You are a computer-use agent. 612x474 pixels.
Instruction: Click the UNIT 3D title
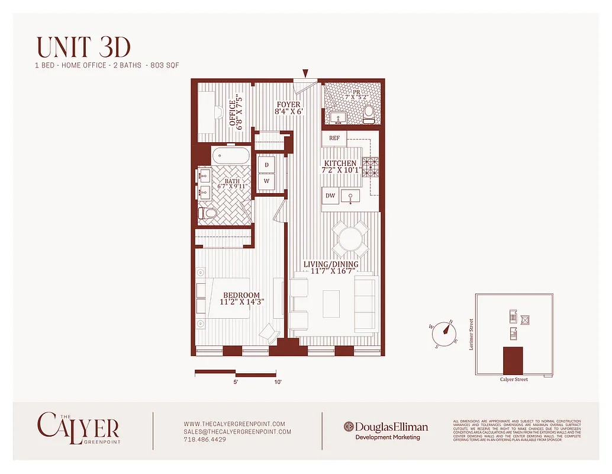83,47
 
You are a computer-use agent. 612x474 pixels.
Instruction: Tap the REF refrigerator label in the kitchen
334,139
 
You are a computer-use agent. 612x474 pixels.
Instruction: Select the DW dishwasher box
330,196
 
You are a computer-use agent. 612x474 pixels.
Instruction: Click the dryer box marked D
266,165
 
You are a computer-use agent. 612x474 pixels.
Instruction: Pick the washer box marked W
266,181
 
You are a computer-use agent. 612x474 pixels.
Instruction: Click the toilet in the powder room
369,113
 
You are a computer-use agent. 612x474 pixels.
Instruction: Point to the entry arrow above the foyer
305,73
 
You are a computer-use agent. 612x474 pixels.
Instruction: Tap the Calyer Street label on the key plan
514,379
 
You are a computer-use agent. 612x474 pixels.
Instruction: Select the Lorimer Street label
471,335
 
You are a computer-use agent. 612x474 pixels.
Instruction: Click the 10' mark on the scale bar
278,383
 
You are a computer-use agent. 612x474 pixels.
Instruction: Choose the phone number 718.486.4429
205,440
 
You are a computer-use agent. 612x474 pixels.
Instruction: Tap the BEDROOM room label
241,296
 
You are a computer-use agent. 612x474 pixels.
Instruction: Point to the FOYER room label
288,105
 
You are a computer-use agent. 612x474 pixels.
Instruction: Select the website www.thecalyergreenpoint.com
234,424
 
